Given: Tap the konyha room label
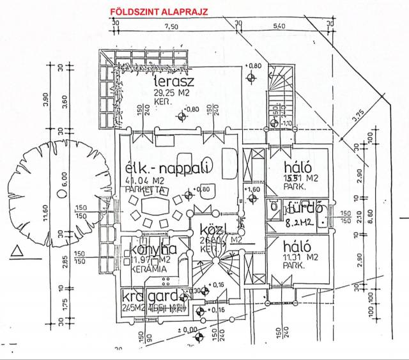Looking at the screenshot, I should (x=153, y=249).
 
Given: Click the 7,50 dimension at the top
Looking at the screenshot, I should (x=171, y=26).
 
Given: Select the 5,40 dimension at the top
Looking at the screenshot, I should (x=279, y=26).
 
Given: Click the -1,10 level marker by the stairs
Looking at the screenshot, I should (x=287, y=123).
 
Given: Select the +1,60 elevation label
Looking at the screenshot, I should (x=254, y=190).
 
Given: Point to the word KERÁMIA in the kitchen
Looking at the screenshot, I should (x=149, y=269).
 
